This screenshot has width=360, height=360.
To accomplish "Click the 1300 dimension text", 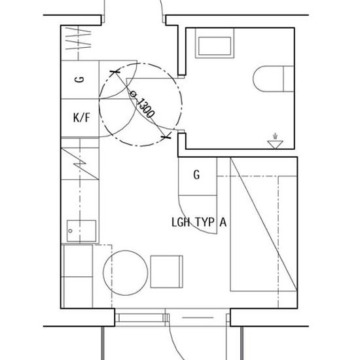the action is point(146,108).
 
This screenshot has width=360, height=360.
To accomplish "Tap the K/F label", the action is point(81,118).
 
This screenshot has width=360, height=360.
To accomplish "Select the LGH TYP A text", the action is point(199,222).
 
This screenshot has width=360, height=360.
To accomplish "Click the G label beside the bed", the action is point(196,175).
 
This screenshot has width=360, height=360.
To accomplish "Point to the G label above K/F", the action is point(80,79).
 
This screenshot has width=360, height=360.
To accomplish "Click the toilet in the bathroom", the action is point(274,79).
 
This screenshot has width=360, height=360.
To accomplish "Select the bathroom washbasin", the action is point(215,43).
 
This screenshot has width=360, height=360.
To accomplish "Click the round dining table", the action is point(126,273).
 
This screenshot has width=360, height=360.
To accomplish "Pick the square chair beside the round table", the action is point(167,272).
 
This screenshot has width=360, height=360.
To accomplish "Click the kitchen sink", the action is point(82,231).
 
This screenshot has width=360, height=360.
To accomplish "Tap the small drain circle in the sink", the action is point(71,231).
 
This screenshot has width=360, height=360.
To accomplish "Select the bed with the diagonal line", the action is point(264,225).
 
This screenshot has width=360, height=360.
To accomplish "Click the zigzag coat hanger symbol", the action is point(79,39).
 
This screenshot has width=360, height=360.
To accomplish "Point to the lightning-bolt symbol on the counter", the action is point(80,164).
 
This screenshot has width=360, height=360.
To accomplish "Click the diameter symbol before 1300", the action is point(133,94).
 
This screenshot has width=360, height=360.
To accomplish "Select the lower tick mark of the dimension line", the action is point(166,137).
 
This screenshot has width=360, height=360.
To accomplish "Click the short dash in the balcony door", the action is point(198,317).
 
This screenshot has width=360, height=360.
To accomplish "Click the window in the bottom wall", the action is point(140,317).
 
